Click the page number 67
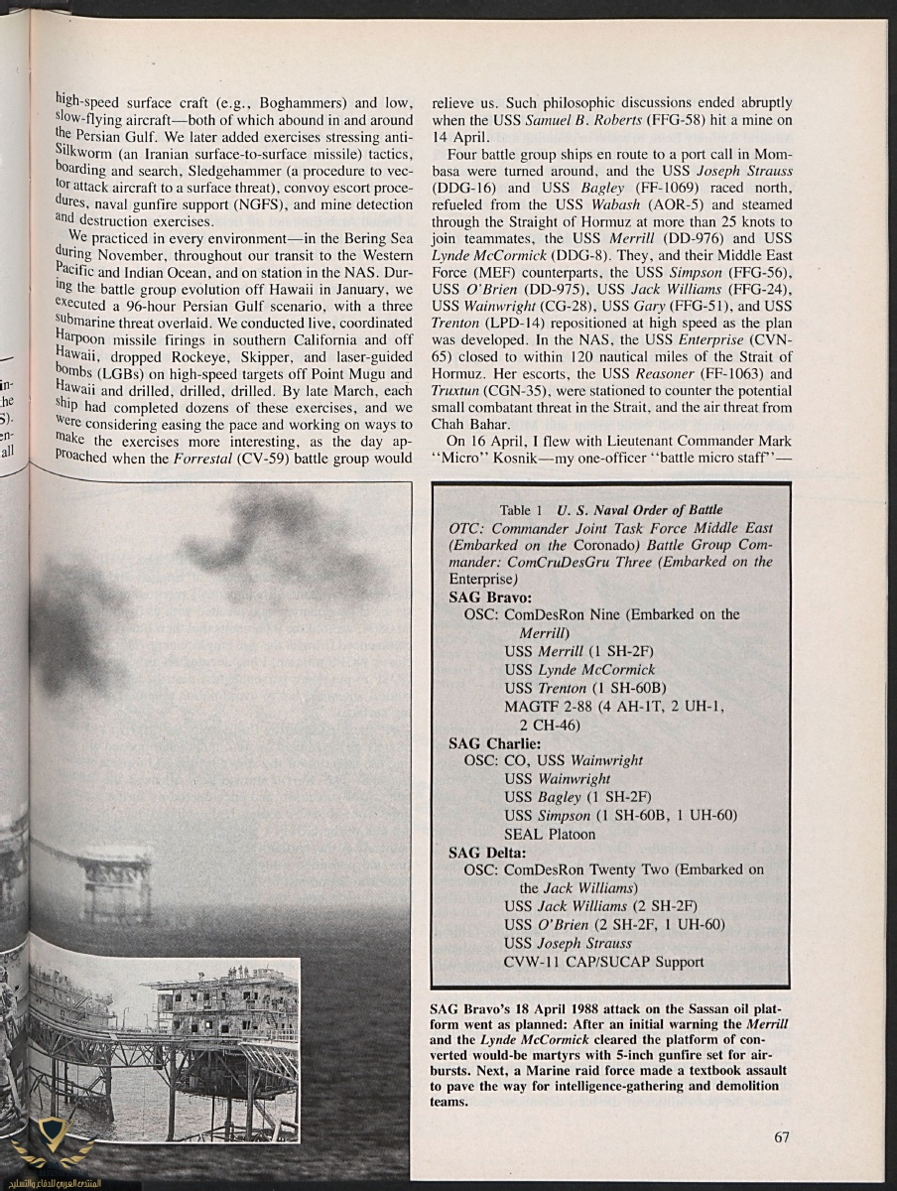tap(781, 1137)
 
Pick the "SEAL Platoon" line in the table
tap(550, 834)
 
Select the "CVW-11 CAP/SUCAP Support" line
tap(603, 961)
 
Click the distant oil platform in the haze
tap(117, 873)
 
